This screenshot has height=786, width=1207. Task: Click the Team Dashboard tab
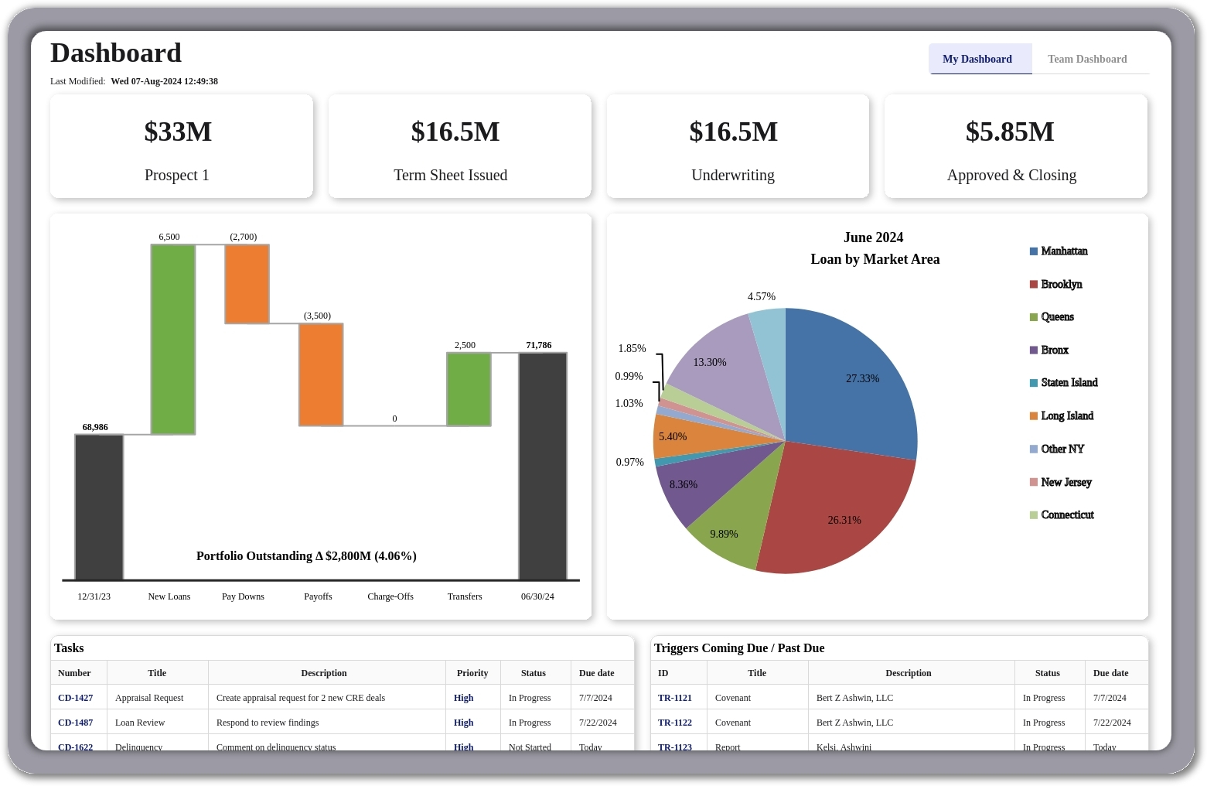(x=1086, y=59)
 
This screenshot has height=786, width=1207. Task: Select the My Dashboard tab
(x=977, y=59)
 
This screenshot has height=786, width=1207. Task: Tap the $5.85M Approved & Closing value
(x=1010, y=132)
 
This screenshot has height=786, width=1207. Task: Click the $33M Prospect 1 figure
(x=178, y=132)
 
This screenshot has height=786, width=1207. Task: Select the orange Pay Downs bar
(x=247, y=284)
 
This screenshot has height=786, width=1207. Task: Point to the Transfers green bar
(x=469, y=389)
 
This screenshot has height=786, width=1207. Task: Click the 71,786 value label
(x=539, y=345)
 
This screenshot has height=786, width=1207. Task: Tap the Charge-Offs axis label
(x=390, y=596)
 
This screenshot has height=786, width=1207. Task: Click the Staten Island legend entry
(x=1069, y=383)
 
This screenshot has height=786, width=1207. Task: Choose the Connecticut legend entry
(x=1067, y=515)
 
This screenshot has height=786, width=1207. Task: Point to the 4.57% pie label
(x=762, y=296)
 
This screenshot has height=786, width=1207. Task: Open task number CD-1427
(x=76, y=698)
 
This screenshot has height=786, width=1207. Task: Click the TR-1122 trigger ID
(x=675, y=723)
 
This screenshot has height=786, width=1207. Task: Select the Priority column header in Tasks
(x=472, y=673)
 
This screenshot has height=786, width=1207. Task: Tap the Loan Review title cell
(x=140, y=723)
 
